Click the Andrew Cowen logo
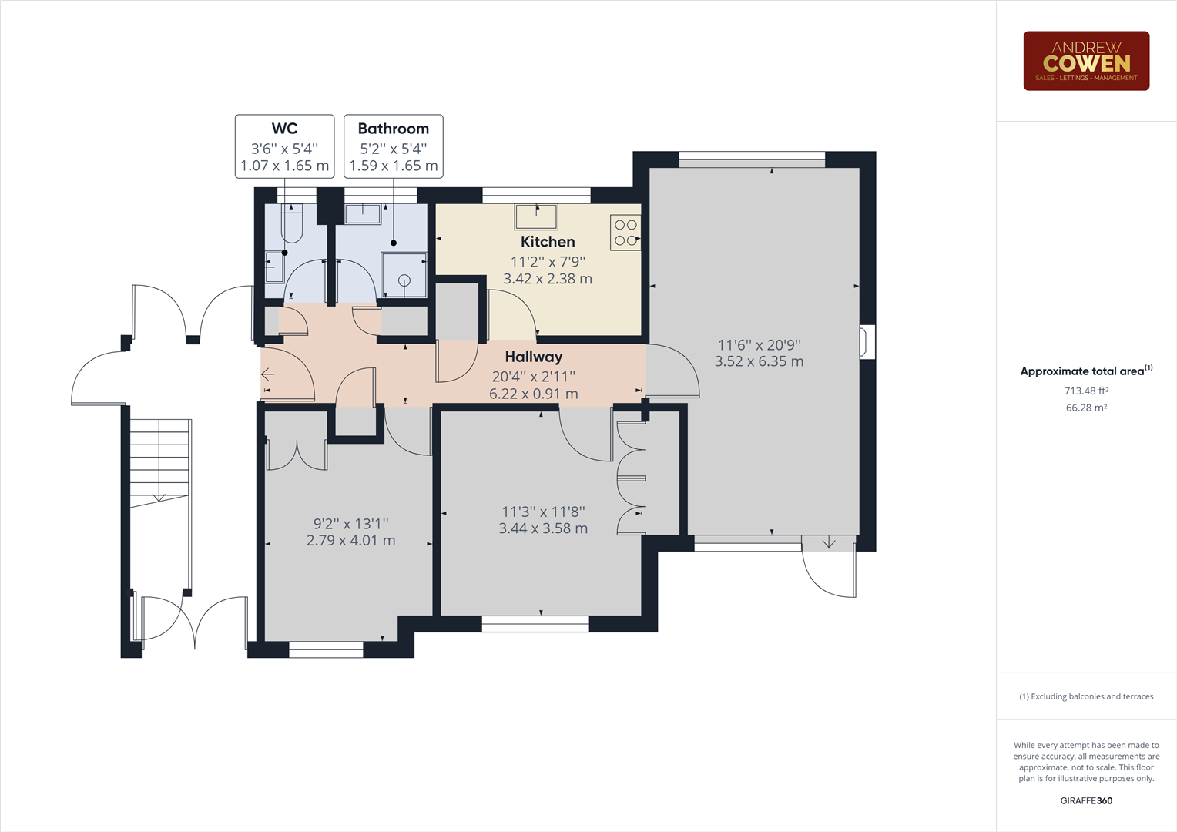coord(1085,61)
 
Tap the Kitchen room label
coord(547,242)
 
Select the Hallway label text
coord(533,357)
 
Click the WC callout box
coord(284,146)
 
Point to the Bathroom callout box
coord(393,146)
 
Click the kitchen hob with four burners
coord(625,233)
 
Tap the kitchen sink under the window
coord(536,216)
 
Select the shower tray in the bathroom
coord(404,275)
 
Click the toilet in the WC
coord(292,224)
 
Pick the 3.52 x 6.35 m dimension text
coord(759,361)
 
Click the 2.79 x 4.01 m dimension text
coord(350,541)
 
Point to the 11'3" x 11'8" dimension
coord(543,512)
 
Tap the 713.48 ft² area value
coord(1086,391)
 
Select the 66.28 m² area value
coord(1086,408)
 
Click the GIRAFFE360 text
coord(1086,800)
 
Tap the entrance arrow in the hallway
coord(267,375)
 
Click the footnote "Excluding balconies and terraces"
coord(1086,696)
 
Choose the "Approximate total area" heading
coord(1081,371)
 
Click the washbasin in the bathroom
coord(363,213)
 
